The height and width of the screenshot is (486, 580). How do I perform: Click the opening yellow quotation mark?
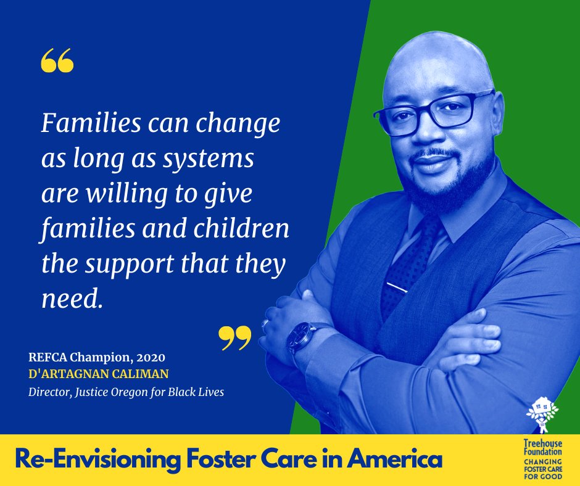56,60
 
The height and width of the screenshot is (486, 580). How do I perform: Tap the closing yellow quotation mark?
235,337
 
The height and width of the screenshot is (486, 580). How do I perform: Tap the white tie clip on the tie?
397,287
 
